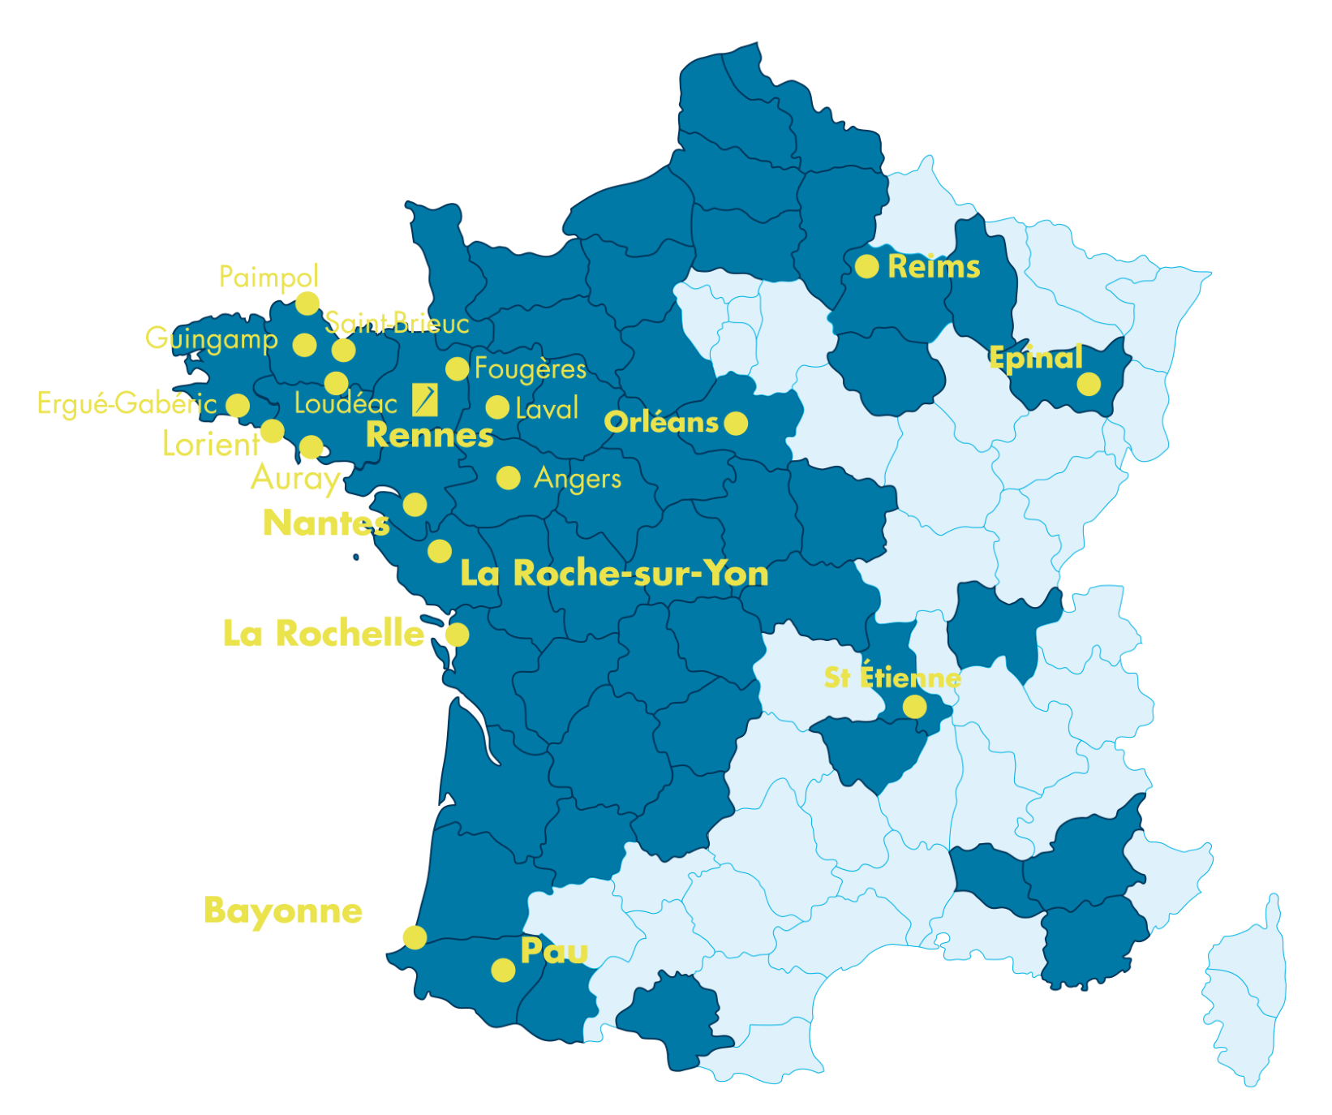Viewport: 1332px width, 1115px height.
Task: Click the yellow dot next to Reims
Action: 866,266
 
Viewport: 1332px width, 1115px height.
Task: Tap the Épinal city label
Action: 1035,357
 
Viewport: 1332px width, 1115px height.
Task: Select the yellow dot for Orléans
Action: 736,423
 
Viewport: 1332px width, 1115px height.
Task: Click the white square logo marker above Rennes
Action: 425,399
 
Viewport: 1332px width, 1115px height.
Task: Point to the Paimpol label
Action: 269,278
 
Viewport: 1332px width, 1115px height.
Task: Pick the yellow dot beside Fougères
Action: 457,368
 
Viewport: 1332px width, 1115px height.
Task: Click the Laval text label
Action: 547,408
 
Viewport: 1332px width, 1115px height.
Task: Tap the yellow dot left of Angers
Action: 508,478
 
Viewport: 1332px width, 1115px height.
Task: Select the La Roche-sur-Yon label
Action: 614,573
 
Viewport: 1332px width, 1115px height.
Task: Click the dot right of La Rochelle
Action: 457,634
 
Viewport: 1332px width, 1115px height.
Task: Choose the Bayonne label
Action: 283,911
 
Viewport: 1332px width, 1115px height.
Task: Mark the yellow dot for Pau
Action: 503,970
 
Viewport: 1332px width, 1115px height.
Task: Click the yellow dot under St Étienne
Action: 914,707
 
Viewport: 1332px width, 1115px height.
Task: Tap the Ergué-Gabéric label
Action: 127,403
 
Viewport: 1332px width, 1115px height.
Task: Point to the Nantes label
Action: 326,523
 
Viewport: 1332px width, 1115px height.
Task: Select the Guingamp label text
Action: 211,338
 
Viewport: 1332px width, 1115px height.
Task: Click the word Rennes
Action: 429,435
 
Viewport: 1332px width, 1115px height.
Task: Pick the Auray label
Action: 295,478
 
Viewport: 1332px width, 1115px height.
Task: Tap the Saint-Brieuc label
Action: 397,323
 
